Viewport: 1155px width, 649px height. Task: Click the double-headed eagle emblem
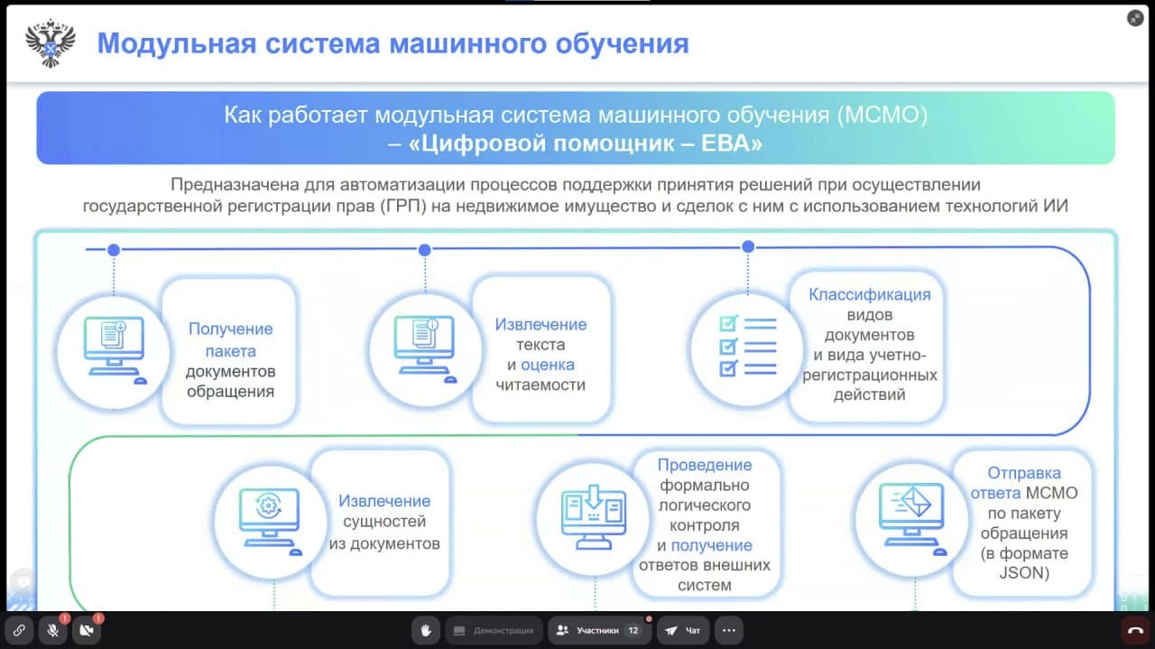point(51,43)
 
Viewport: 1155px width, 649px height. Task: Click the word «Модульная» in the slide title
point(177,43)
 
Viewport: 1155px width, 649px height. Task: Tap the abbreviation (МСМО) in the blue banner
point(882,115)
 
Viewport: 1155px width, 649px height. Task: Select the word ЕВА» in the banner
point(732,143)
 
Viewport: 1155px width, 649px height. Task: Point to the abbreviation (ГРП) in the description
point(403,207)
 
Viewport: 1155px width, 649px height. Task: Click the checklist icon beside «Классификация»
point(748,346)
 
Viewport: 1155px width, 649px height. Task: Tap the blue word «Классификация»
point(869,294)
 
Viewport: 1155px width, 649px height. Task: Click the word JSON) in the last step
point(1024,573)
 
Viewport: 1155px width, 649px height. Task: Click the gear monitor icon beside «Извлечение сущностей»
point(270,521)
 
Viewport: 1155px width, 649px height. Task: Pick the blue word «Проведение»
point(705,466)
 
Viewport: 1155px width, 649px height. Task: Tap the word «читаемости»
point(541,385)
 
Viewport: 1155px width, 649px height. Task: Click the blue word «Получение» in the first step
point(230,329)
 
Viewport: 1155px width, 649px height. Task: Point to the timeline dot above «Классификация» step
point(748,247)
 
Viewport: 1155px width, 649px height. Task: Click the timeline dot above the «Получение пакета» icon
point(114,250)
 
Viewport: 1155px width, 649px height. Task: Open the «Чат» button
point(683,630)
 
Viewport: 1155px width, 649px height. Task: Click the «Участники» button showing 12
point(600,630)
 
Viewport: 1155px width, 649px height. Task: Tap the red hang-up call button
point(1135,630)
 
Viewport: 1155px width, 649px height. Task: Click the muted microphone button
point(52,630)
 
